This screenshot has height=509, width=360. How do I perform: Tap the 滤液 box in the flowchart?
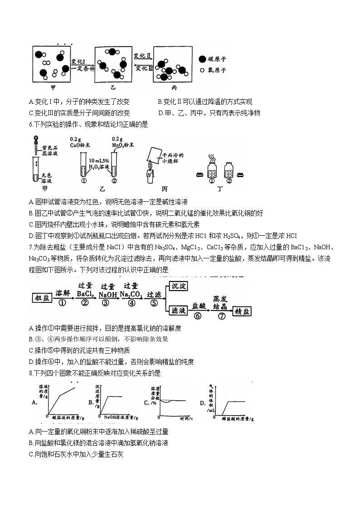177,310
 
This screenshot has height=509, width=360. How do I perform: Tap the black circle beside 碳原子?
202,59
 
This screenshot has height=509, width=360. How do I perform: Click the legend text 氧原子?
217,70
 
